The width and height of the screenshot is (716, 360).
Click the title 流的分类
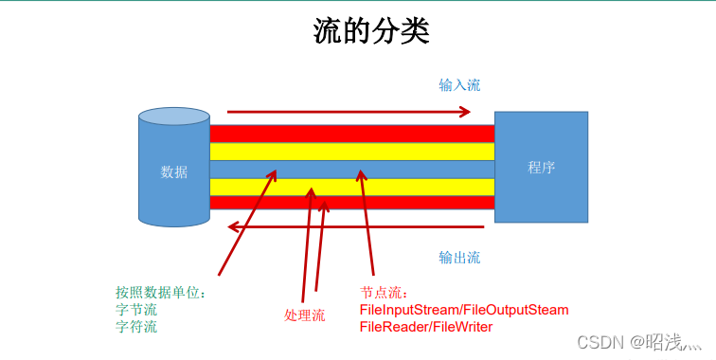tap(370, 31)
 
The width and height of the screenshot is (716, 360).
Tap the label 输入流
tap(459, 85)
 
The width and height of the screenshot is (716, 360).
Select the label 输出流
tap(459, 257)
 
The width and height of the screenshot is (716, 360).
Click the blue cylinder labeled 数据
tap(174, 171)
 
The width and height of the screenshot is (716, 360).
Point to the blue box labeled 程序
tap(541, 168)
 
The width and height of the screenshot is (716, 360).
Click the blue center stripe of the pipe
tap(426, 169)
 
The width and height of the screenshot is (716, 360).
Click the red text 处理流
tap(304, 315)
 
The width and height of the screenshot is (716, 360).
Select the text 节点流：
tap(384, 293)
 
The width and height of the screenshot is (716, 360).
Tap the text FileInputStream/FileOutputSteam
tap(464, 310)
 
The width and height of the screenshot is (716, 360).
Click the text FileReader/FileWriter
tap(425, 327)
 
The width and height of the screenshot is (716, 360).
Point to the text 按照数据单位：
tap(161, 293)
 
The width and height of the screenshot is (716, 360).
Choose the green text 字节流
tap(136, 310)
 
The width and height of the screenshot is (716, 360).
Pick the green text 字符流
tap(136, 327)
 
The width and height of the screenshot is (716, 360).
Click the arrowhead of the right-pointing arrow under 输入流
tap(465, 112)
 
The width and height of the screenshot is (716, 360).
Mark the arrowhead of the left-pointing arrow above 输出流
tap(233, 226)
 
